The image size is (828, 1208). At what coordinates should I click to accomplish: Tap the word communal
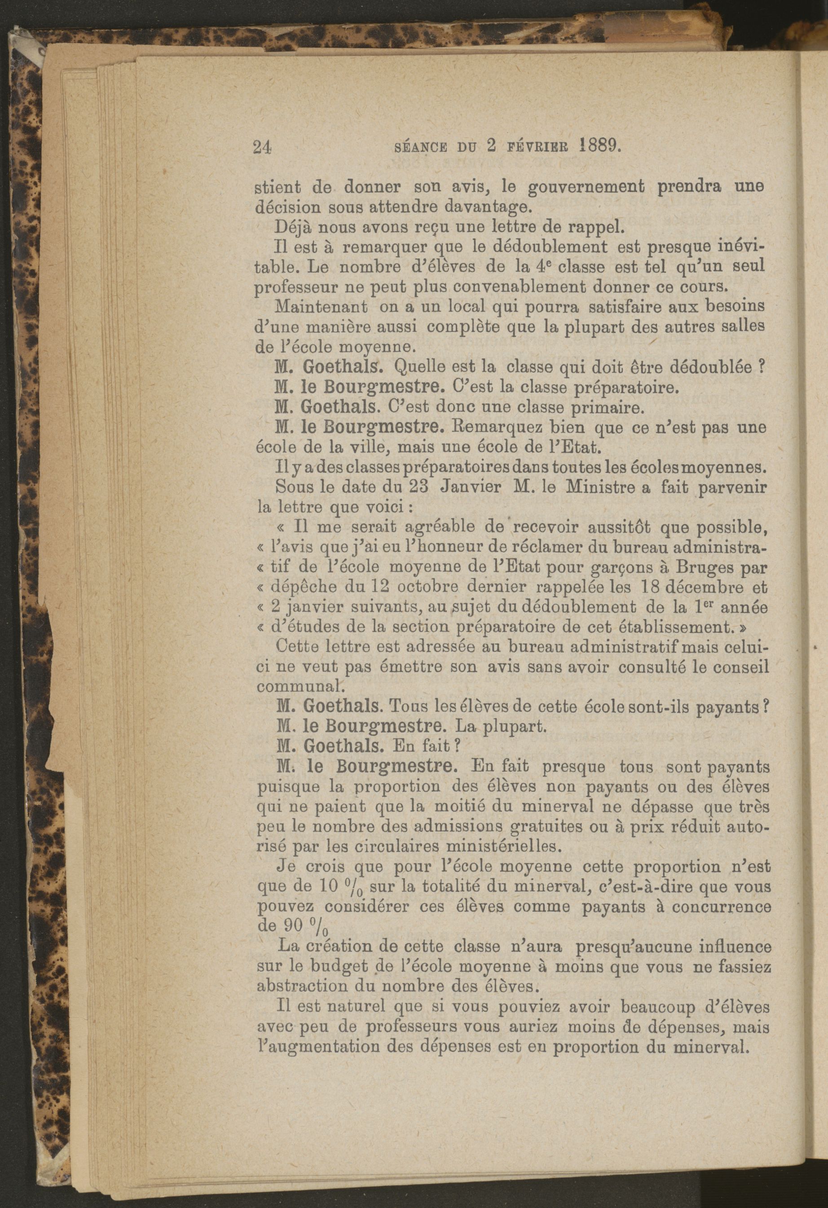pos(294,686)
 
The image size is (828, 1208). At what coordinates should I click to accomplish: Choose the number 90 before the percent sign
pos(293,926)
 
